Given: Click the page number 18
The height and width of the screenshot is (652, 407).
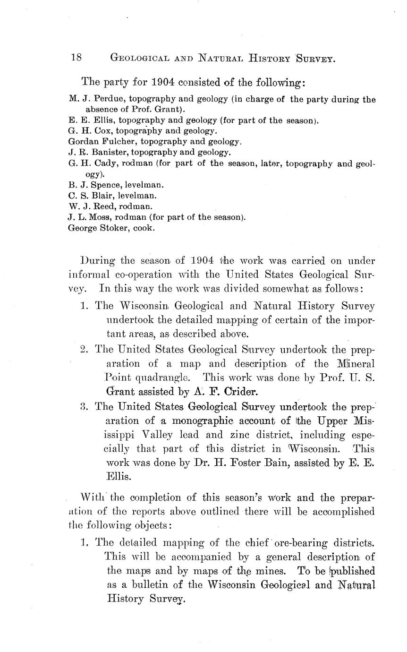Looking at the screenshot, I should (x=76, y=58).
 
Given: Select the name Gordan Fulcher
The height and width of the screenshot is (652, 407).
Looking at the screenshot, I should (x=94, y=141).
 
